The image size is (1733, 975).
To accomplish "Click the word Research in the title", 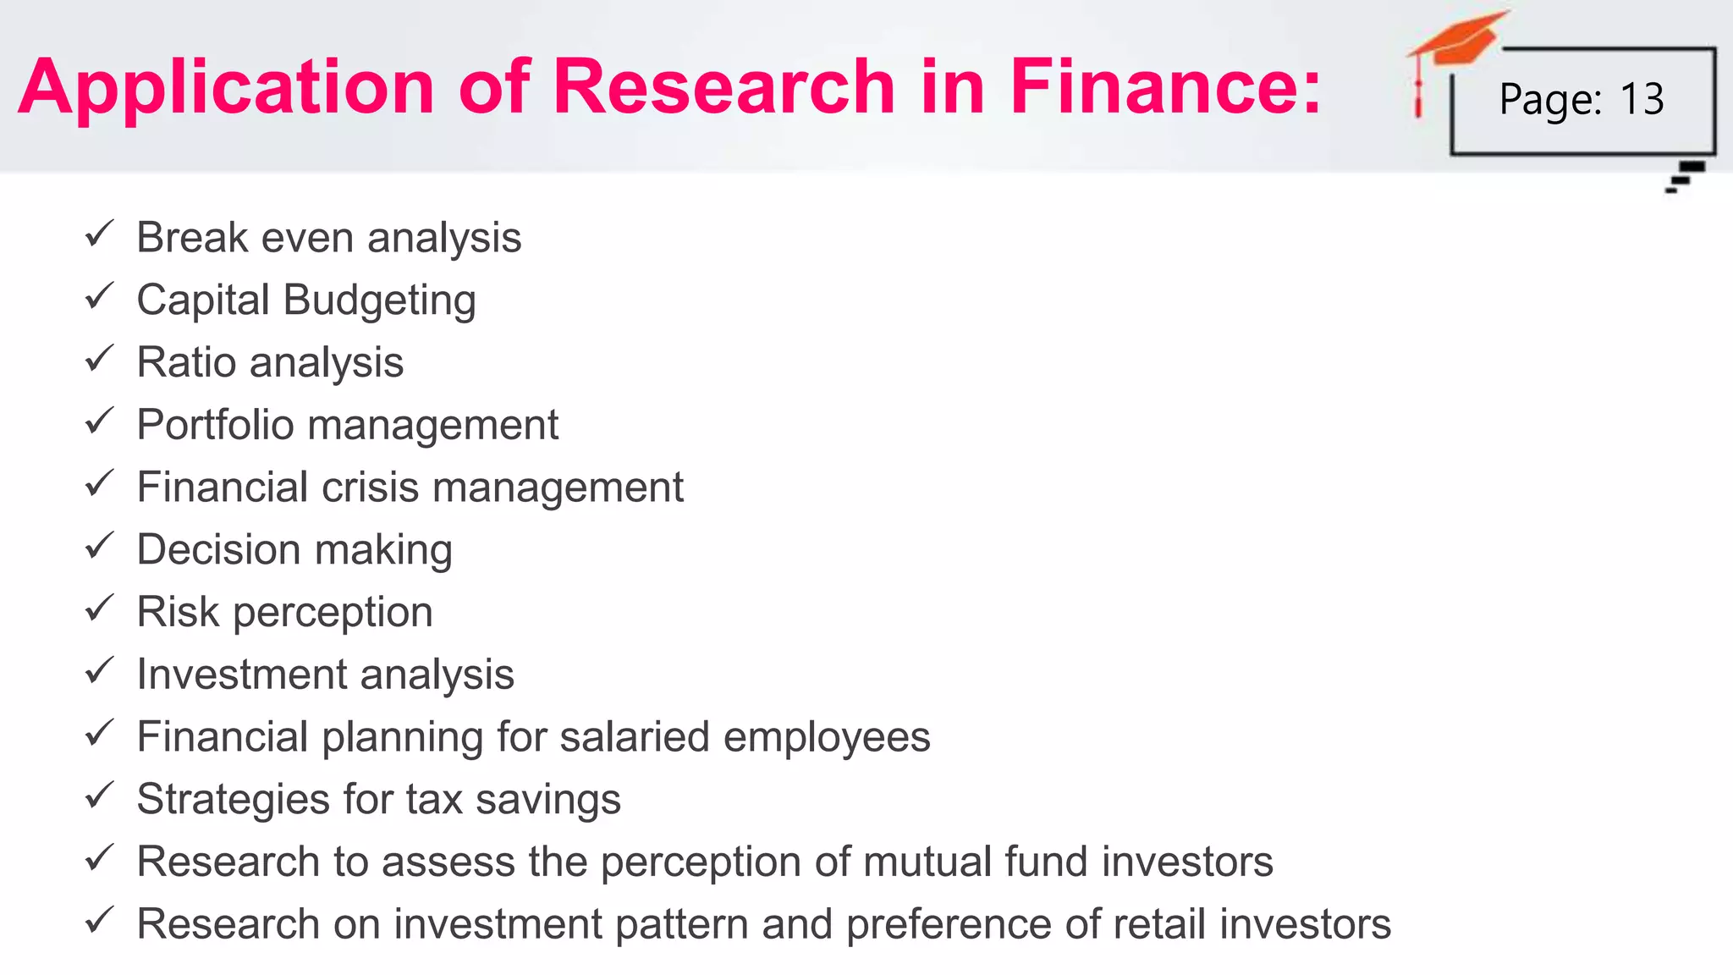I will (723, 86).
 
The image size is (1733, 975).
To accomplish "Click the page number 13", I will (1642, 99).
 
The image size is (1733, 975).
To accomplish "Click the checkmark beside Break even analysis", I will (99, 234).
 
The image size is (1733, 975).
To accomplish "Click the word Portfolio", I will (215, 425).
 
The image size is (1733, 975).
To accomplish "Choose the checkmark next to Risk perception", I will (99, 609).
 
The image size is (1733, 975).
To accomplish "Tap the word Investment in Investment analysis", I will (242, 675).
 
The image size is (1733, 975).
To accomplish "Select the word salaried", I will (634, 736).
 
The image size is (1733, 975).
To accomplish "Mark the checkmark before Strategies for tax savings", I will (99, 796).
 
